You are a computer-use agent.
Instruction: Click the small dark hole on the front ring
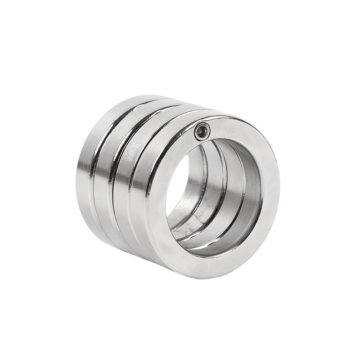(x=202, y=131)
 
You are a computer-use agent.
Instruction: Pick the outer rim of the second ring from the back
(x=103, y=180)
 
